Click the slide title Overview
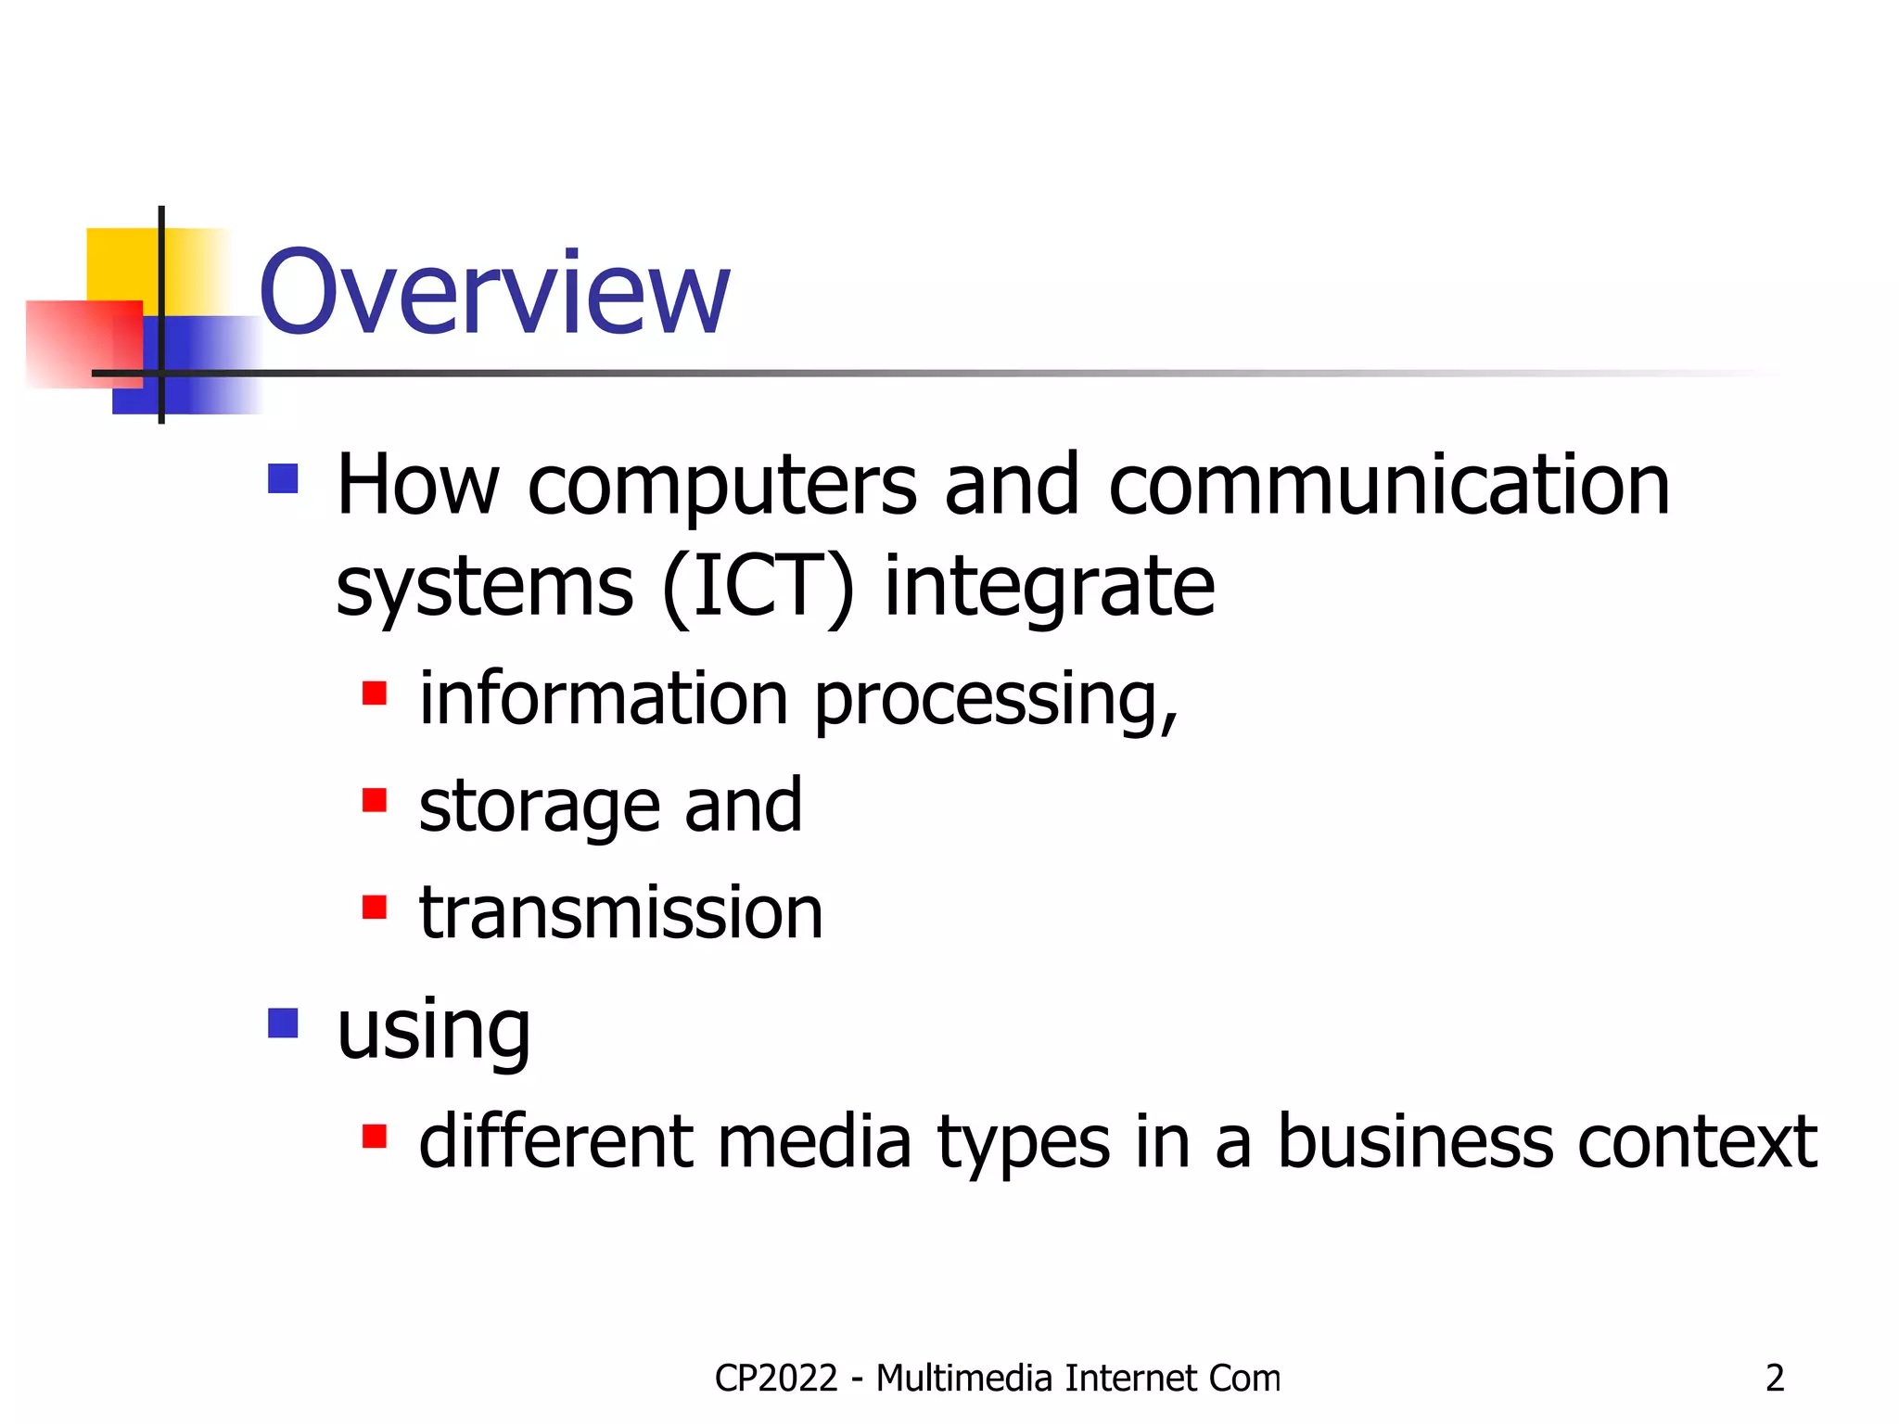coord(494,292)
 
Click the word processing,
coord(996,699)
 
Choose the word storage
coord(539,806)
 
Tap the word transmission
coord(620,913)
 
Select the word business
coord(1415,1141)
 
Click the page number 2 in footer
coord(1774,1379)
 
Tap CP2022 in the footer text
coord(776,1379)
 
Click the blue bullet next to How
coord(283,479)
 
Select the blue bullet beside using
coord(283,1023)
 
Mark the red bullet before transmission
coord(374,907)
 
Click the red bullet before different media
coord(374,1136)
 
